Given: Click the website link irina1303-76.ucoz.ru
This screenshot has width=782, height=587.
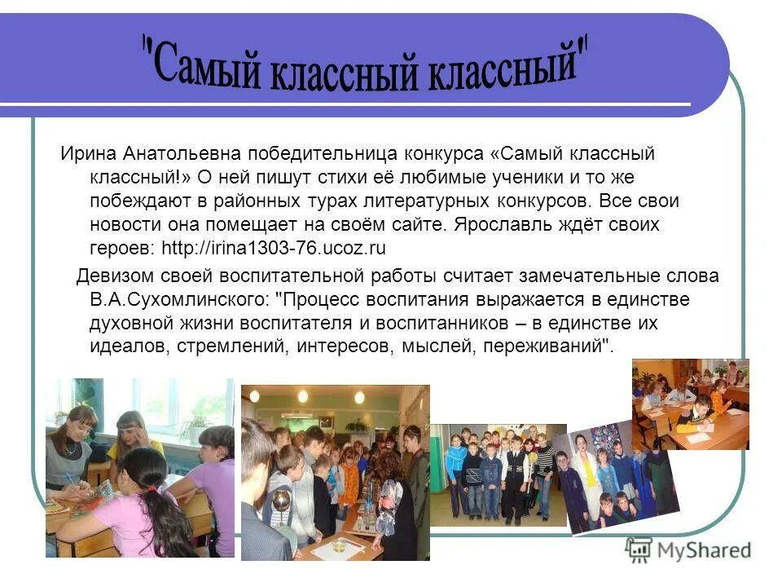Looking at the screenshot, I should coord(274,247).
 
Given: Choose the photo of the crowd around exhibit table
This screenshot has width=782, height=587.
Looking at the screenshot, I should coord(335,473).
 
